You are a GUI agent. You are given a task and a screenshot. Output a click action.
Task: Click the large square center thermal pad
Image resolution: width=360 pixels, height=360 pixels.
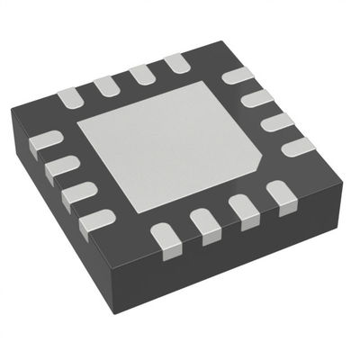171,144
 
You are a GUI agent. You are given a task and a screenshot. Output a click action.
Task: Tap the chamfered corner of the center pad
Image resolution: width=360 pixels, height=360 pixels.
255,169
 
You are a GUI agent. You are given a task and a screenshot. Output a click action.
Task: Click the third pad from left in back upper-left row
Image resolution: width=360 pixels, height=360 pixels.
142,73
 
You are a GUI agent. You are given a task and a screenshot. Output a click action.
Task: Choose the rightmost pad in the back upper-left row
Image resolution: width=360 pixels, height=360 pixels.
176,62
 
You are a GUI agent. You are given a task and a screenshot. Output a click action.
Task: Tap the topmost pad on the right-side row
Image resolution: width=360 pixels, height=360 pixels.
237,76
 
